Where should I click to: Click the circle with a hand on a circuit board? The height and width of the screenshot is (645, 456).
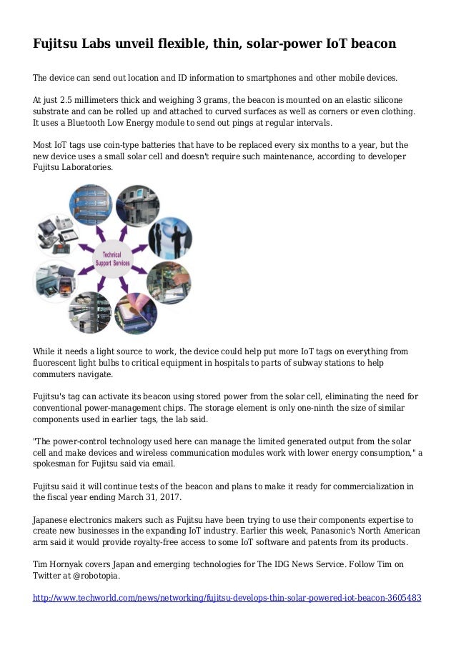point(171,281)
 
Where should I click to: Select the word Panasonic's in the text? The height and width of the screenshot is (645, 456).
point(336,531)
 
